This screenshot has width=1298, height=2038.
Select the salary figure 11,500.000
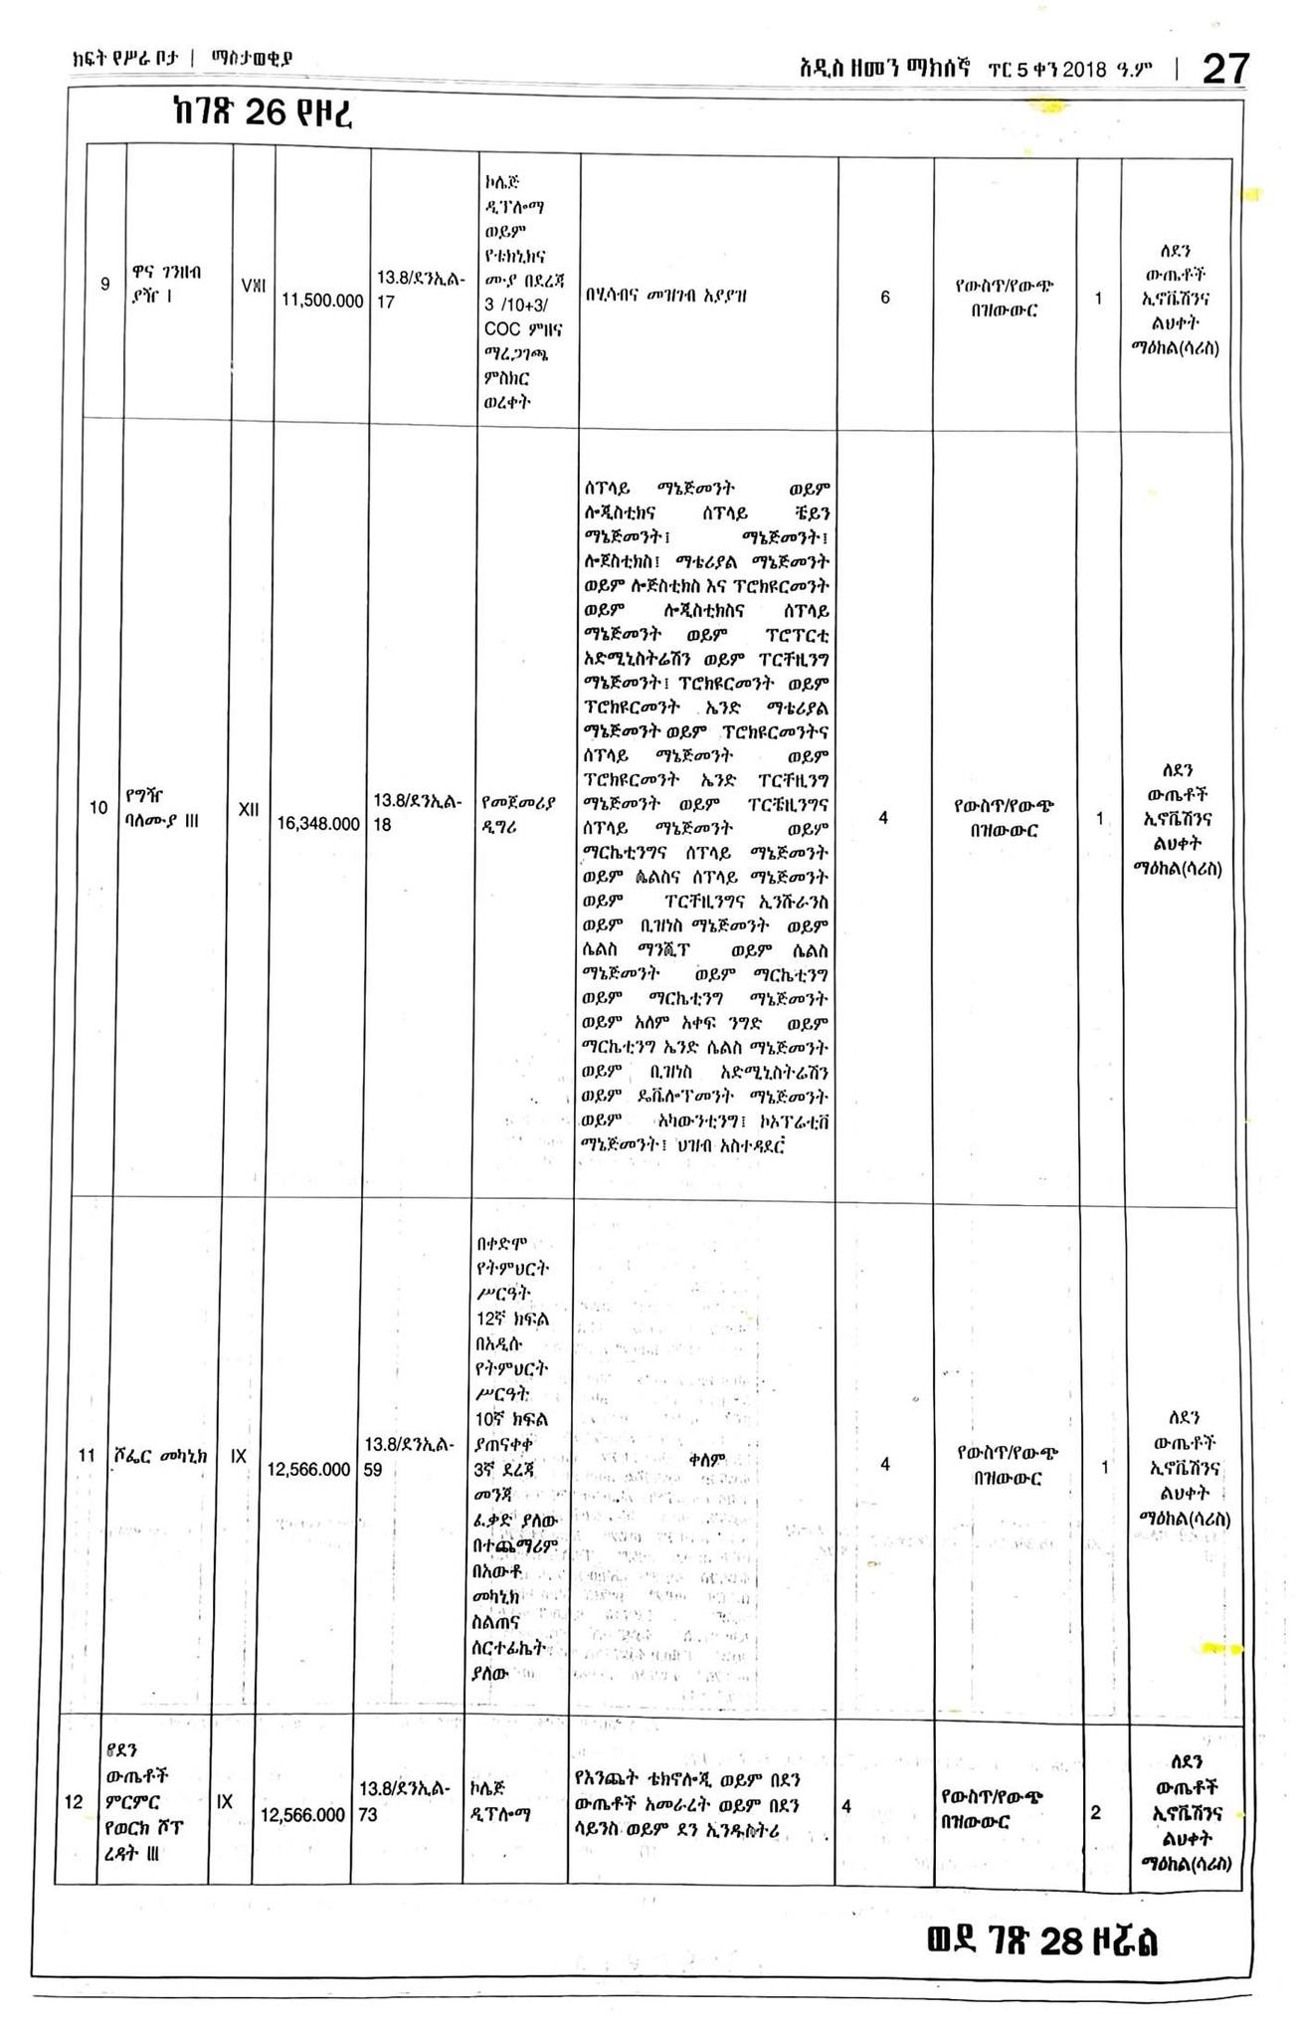pos(321,301)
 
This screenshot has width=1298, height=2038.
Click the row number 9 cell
pos(105,285)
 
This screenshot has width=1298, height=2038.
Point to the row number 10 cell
pos(98,808)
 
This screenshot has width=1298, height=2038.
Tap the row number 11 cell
pos(88,1456)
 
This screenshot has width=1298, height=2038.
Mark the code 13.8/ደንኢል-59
pos(409,1456)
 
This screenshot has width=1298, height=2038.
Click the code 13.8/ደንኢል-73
pos(406,1801)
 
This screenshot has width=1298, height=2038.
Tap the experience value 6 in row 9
pos(884,297)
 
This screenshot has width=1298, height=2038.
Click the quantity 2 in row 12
pos(1095,1812)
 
